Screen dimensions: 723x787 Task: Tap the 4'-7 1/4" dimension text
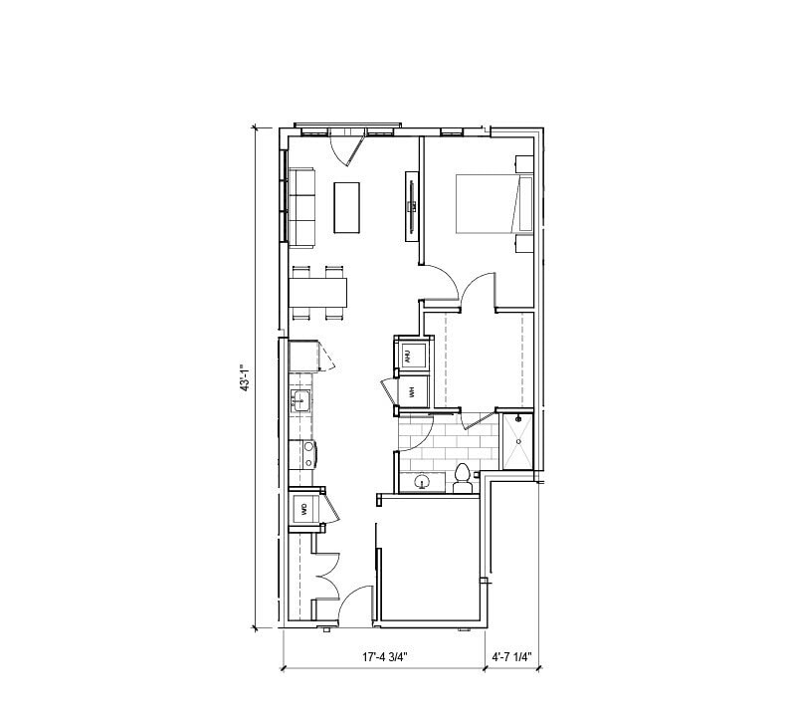pos(512,657)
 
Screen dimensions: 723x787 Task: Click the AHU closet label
pos(408,354)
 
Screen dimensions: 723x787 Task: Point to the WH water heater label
pos(409,390)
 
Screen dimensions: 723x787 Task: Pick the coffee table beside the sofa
pos(346,206)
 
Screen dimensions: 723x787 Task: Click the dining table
pos(318,291)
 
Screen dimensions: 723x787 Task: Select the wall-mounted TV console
pos(410,206)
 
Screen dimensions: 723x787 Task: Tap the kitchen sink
pos(300,401)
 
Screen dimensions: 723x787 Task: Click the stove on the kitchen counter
pos(306,454)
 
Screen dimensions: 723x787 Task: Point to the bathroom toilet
pos(462,477)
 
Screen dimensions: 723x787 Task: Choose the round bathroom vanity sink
pos(423,482)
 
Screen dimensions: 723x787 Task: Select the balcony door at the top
pos(347,147)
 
